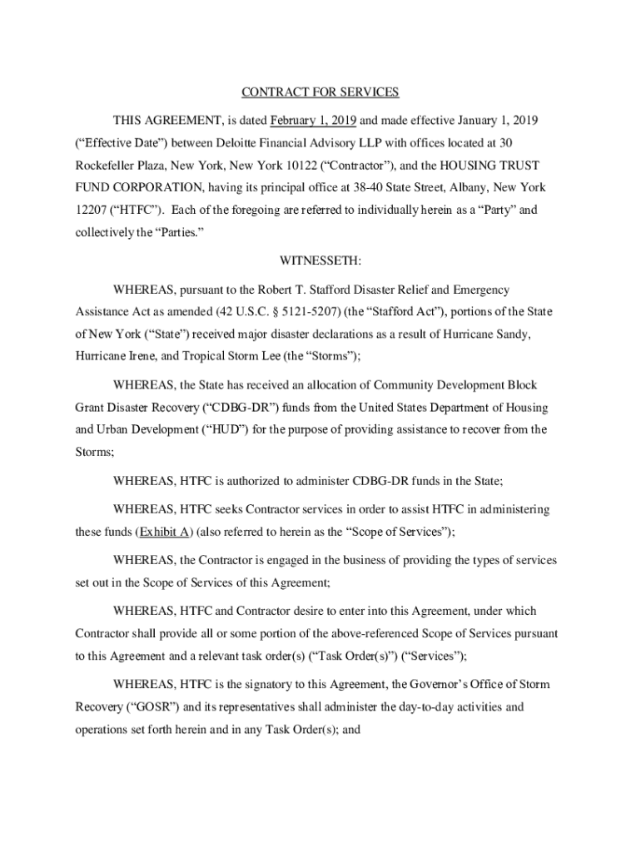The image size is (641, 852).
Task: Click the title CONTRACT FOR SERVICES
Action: coord(320,92)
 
